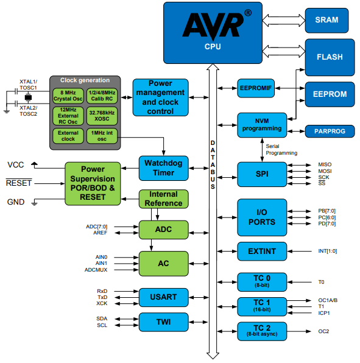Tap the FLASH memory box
pyautogui.click(x=330, y=57)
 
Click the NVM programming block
pyautogui.click(x=261, y=124)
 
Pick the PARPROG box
pyautogui.click(x=330, y=131)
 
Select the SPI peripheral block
pyautogui.click(x=261, y=174)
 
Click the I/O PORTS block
pyautogui.click(x=261, y=217)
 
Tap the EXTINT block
pyautogui.click(x=261, y=250)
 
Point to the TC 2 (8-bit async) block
pyautogui.click(x=261, y=331)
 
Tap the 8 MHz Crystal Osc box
pyautogui.click(x=68, y=96)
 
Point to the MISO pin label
pyautogui.click(x=325, y=164)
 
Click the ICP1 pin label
pyautogui.click(x=324, y=313)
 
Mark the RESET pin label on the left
pyautogui.click(x=19, y=183)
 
